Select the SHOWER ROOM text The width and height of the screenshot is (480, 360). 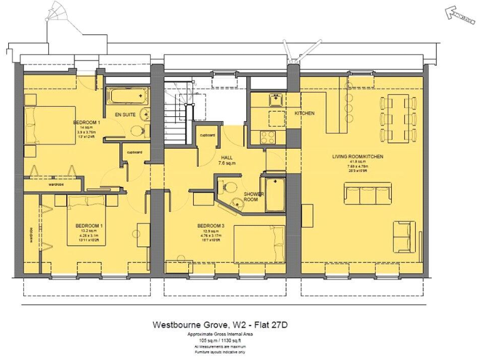tap(254, 197)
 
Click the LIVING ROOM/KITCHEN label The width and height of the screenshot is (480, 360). tap(357, 156)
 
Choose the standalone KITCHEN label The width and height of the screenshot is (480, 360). tap(304, 113)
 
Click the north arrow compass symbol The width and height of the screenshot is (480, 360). tap(457, 12)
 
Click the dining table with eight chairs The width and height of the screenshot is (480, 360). tap(398, 118)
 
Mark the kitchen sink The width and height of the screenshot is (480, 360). tap(274, 99)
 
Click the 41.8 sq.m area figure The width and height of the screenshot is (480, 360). tap(357, 162)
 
